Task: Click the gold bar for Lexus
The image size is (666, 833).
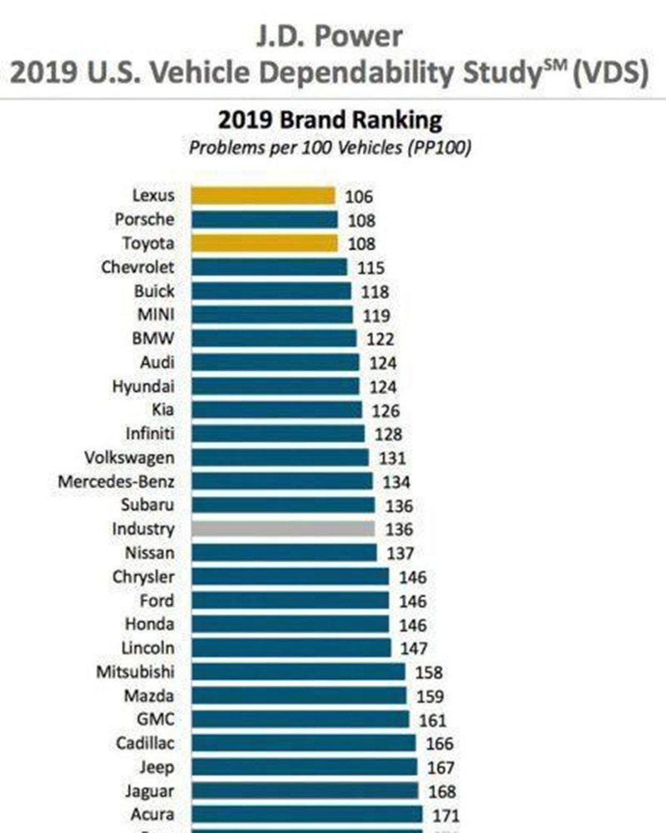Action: [x=263, y=196]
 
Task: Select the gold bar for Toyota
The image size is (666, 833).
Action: [x=265, y=243]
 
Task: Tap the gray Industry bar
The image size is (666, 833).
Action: [x=283, y=529]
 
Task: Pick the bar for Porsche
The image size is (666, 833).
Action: [x=265, y=220]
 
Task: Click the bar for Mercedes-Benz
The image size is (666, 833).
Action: [x=282, y=481]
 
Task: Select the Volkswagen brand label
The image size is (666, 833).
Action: [x=130, y=457]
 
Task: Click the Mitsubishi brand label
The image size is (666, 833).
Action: [x=136, y=671]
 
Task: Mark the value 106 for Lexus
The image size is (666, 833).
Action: [x=359, y=197]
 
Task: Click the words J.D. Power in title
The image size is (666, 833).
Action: [x=331, y=37]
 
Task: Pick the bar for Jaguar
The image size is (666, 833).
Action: [x=306, y=791]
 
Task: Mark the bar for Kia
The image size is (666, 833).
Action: [x=277, y=410]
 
